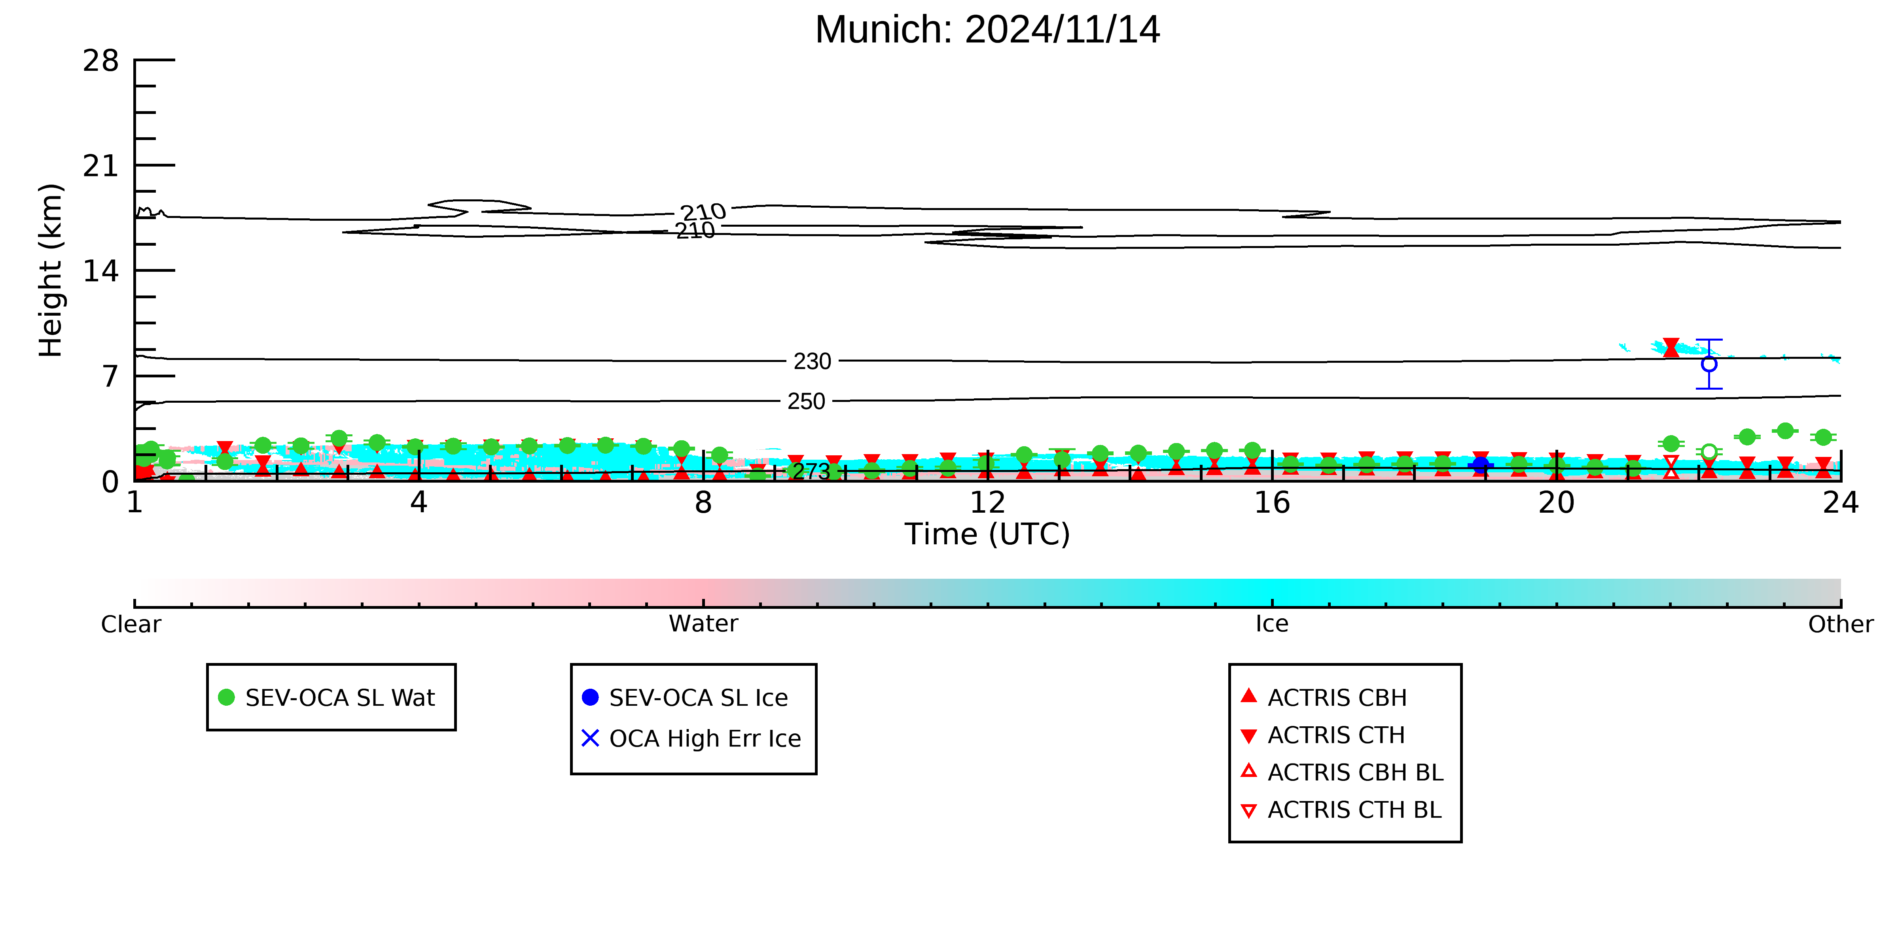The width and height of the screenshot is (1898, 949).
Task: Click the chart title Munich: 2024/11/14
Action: tap(987, 30)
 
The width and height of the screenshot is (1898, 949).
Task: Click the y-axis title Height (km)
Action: tap(51, 271)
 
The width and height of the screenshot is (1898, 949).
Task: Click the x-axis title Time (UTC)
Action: tap(987, 534)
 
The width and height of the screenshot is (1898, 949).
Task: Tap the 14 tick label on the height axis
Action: tap(101, 271)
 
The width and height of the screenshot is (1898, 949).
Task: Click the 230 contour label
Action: tap(812, 361)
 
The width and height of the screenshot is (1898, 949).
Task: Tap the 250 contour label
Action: tap(806, 402)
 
